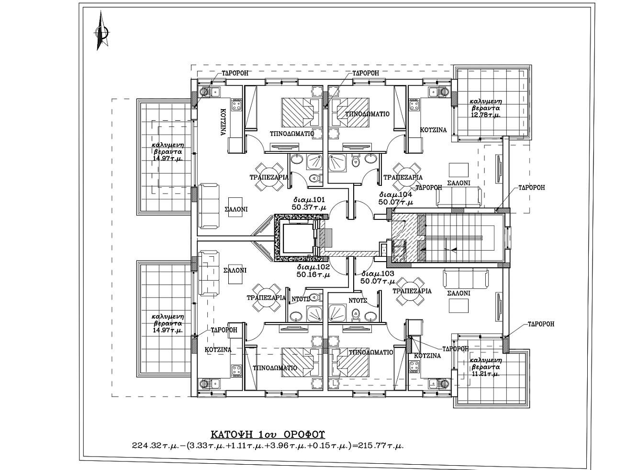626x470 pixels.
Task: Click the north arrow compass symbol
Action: [101, 31]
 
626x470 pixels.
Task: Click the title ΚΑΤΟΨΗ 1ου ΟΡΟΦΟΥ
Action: [268, 435]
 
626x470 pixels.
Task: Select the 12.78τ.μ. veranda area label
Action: [486, 115]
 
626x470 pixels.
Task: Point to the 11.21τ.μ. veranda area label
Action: [486, 374]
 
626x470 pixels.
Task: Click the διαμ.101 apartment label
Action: [309, 200]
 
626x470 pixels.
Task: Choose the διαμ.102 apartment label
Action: [313, 267]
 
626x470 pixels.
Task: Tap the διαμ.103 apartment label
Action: [377, 274]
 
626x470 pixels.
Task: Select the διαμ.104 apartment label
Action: [396, 195]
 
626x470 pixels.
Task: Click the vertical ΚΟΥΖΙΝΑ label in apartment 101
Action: [224, 122]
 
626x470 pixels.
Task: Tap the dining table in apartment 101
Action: [269, 177]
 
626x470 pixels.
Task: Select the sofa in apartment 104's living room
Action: [458, 197]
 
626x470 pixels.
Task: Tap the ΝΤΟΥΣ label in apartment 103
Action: [358, 300]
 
